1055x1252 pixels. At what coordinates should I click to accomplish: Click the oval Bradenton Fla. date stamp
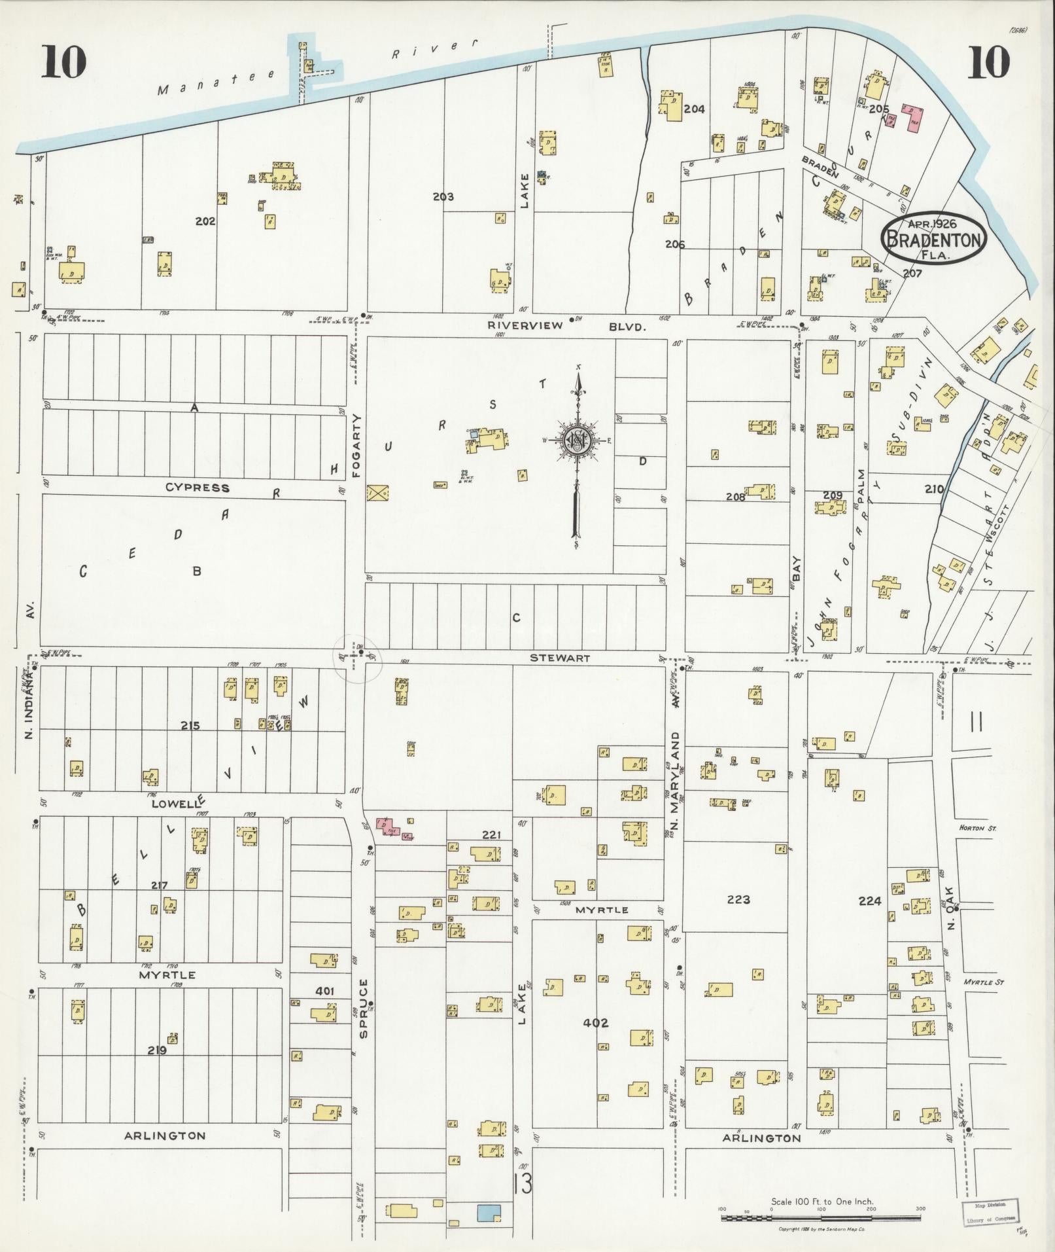tap(933, 240)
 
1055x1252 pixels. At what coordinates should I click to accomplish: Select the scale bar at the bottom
tap(822, 1218)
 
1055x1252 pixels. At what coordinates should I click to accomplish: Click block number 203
tap(443, 196)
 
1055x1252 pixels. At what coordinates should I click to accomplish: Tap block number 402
tap(596, 1022)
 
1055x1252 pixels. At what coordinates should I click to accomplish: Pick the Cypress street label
tap(197, 488)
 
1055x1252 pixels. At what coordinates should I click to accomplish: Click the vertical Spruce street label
tap(364, 1017)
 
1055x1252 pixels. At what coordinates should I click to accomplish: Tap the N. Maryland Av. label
tap(676, 764)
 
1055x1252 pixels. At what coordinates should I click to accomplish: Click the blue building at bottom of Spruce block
tap(489, 1212)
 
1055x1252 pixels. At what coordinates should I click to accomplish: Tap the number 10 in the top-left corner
tap(64, 62)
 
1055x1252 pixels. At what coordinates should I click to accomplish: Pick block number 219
tap(157, 1050)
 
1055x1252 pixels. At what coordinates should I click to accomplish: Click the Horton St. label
tap(976, 828)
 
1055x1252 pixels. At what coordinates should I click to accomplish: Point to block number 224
tap(869, 901)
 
